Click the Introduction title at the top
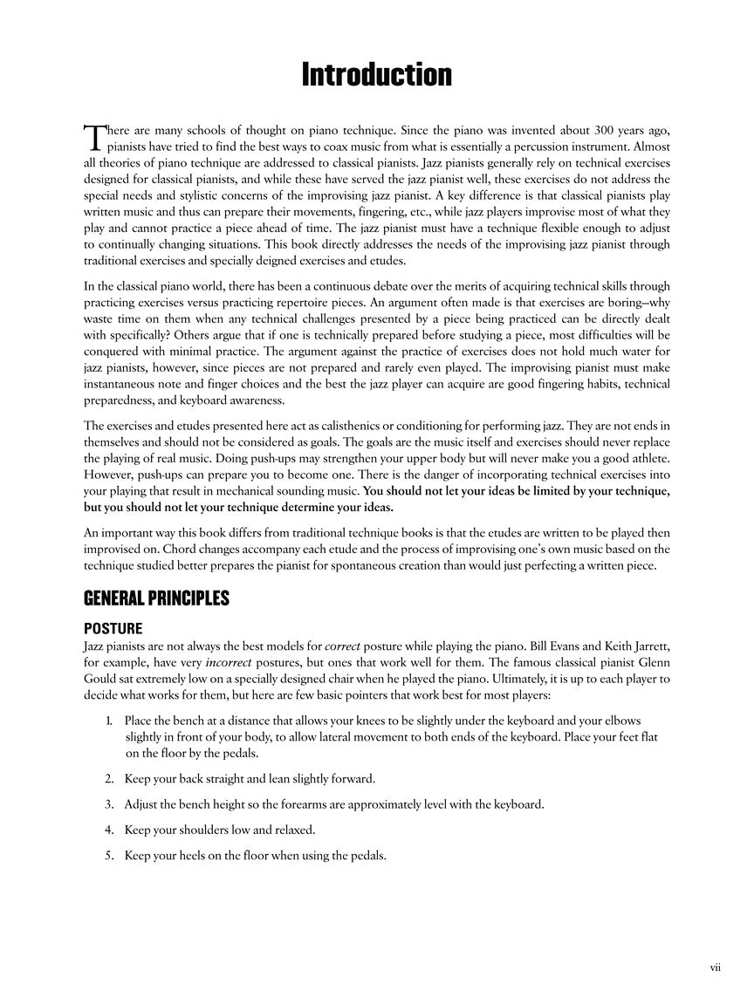tap(376, 76)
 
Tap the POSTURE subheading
tap(113, 627)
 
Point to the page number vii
tap(715, 966)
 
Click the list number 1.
tap(108, 720)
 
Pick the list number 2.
tap(108, 778)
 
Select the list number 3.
tap(108, 803)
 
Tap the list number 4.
tap(108, 830)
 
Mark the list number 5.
tap(108, 855)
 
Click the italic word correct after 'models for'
tap(344, 646)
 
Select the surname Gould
tap(101, 678)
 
